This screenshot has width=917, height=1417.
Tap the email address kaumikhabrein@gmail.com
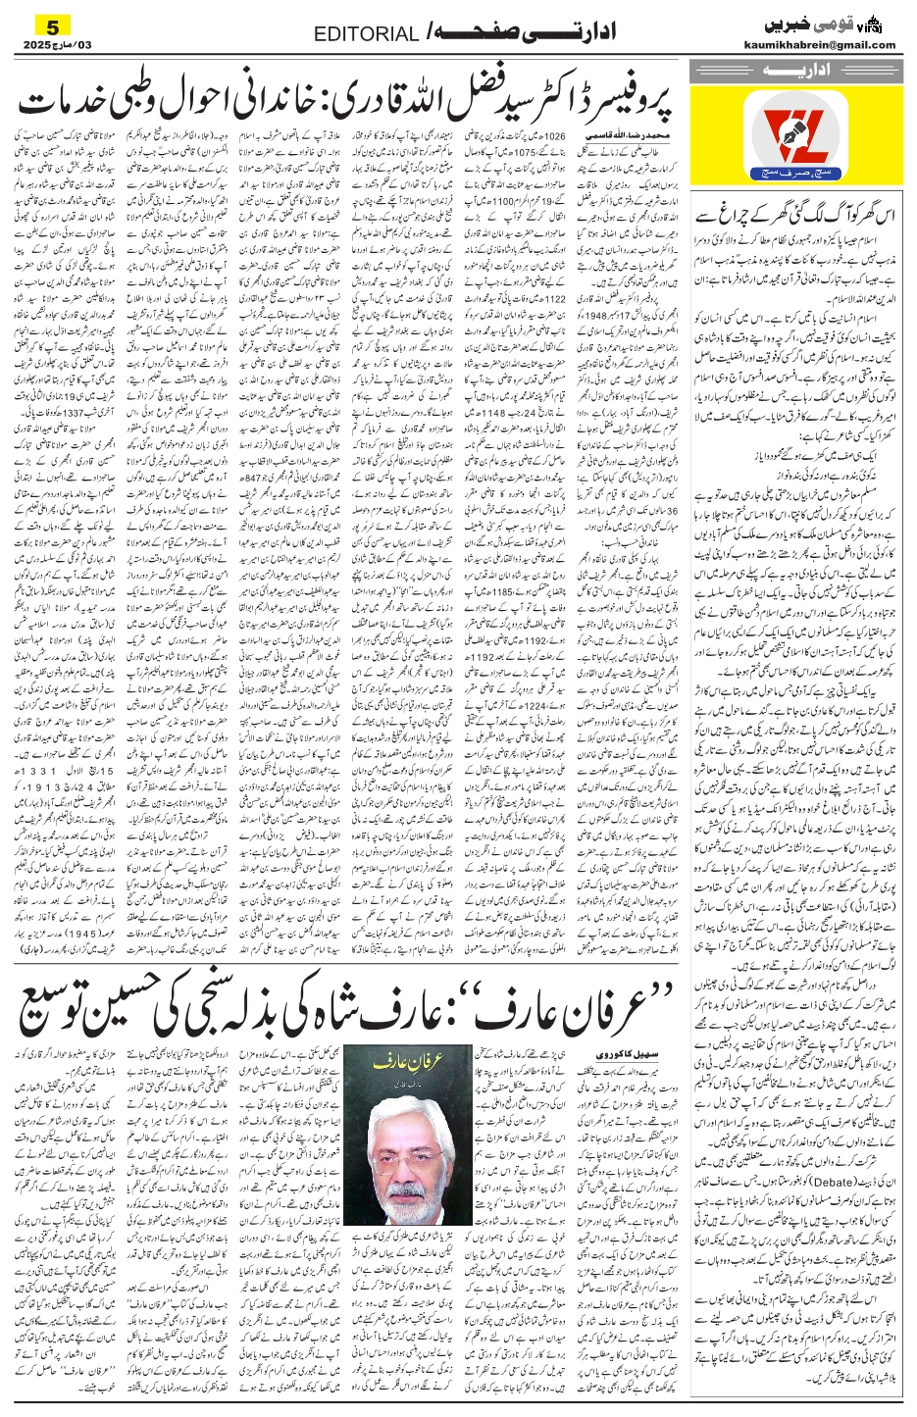831,45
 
